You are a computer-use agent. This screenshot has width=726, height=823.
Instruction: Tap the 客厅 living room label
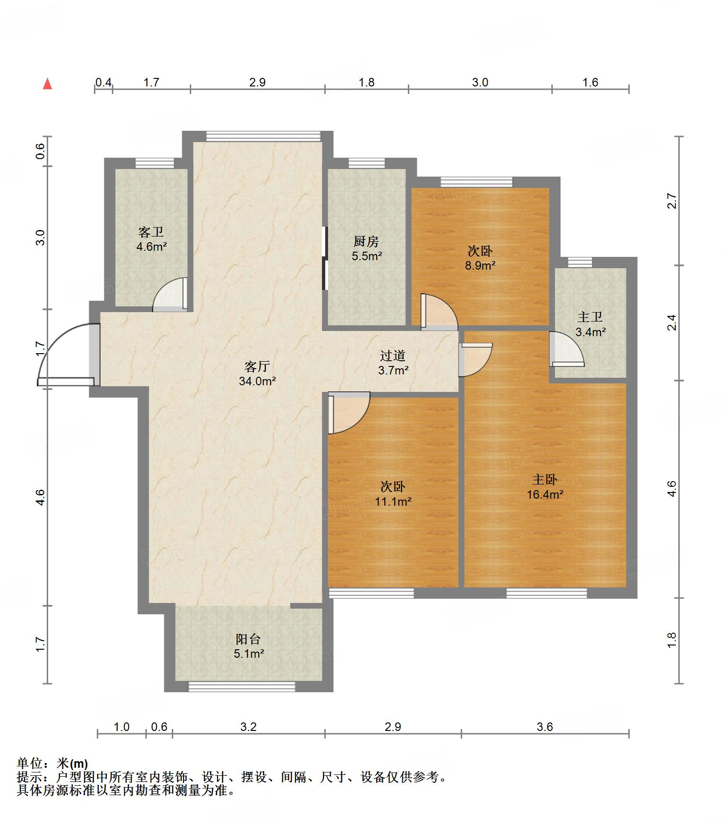257,366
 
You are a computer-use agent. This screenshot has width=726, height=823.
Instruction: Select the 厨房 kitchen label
366,241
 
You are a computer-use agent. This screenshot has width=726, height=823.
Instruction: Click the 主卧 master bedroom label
545,480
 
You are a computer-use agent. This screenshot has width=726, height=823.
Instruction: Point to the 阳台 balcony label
248,639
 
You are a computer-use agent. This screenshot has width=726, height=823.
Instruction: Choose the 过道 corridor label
393,356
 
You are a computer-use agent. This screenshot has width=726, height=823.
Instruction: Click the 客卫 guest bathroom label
151,232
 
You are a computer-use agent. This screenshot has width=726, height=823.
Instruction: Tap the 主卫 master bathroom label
590,317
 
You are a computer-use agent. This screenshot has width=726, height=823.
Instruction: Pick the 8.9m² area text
480,265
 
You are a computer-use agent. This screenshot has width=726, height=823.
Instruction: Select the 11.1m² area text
393,501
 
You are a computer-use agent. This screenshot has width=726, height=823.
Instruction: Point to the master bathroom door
566,349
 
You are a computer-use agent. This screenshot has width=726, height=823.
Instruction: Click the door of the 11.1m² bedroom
349,413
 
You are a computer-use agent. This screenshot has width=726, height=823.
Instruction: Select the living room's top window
263,136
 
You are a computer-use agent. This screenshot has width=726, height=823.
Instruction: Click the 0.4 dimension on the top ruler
103,83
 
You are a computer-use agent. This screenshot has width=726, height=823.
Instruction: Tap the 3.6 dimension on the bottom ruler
545,726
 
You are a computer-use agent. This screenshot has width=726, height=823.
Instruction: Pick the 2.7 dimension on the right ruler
672,201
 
